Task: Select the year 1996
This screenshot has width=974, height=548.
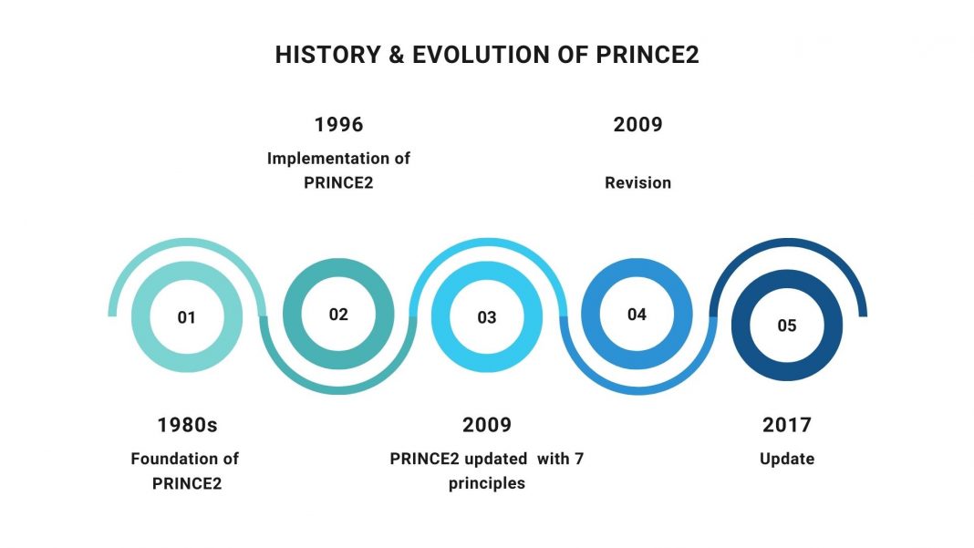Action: pos(338,124)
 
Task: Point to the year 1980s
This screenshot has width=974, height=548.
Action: pos(187,425)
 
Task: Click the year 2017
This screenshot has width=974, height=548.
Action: pos(786,425)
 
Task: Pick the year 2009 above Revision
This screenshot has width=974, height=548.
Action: pos(637,124)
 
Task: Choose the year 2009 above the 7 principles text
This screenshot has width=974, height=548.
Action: pos(487,425)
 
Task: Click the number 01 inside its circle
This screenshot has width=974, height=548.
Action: pos(187,318)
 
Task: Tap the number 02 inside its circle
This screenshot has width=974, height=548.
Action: pos(338,315)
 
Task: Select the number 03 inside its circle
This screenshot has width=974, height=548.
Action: pos(487,318)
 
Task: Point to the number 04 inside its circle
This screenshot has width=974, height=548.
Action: pos(637,315)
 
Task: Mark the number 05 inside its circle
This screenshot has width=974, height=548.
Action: pos(786,326)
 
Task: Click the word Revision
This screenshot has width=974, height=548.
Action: pos(637,183)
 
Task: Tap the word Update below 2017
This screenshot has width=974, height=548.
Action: pos(786,459)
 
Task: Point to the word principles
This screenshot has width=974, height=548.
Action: pos(486,483)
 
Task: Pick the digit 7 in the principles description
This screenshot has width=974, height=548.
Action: pos(578,459)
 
